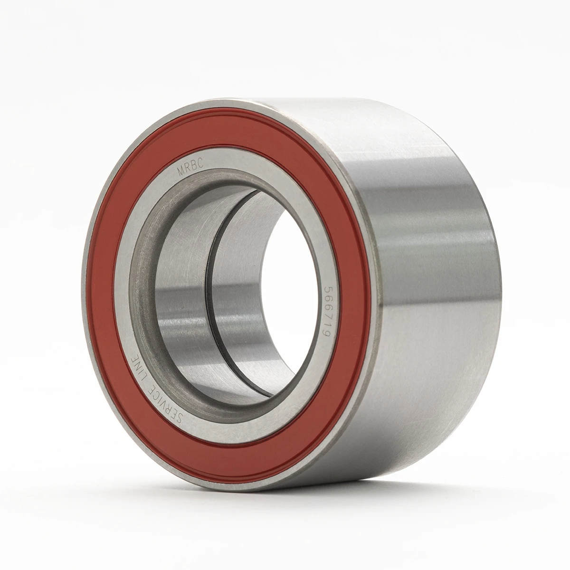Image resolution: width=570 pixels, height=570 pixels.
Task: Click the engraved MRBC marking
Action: (190, 168)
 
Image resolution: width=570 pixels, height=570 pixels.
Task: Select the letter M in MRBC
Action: (180, 172)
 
